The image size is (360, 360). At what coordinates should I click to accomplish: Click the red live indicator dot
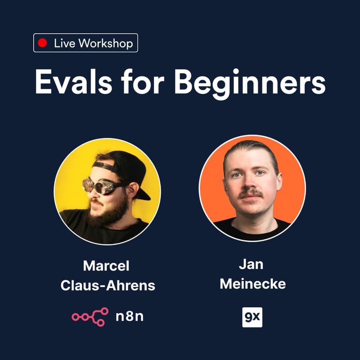pos(43,43)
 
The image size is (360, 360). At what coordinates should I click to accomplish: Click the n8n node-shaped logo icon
pos(90,317)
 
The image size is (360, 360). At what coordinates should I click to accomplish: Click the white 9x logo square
pos(252,317)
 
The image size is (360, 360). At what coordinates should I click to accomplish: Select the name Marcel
pos(106,265)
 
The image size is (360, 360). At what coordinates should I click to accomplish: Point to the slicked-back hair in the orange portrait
pos(252,148)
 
